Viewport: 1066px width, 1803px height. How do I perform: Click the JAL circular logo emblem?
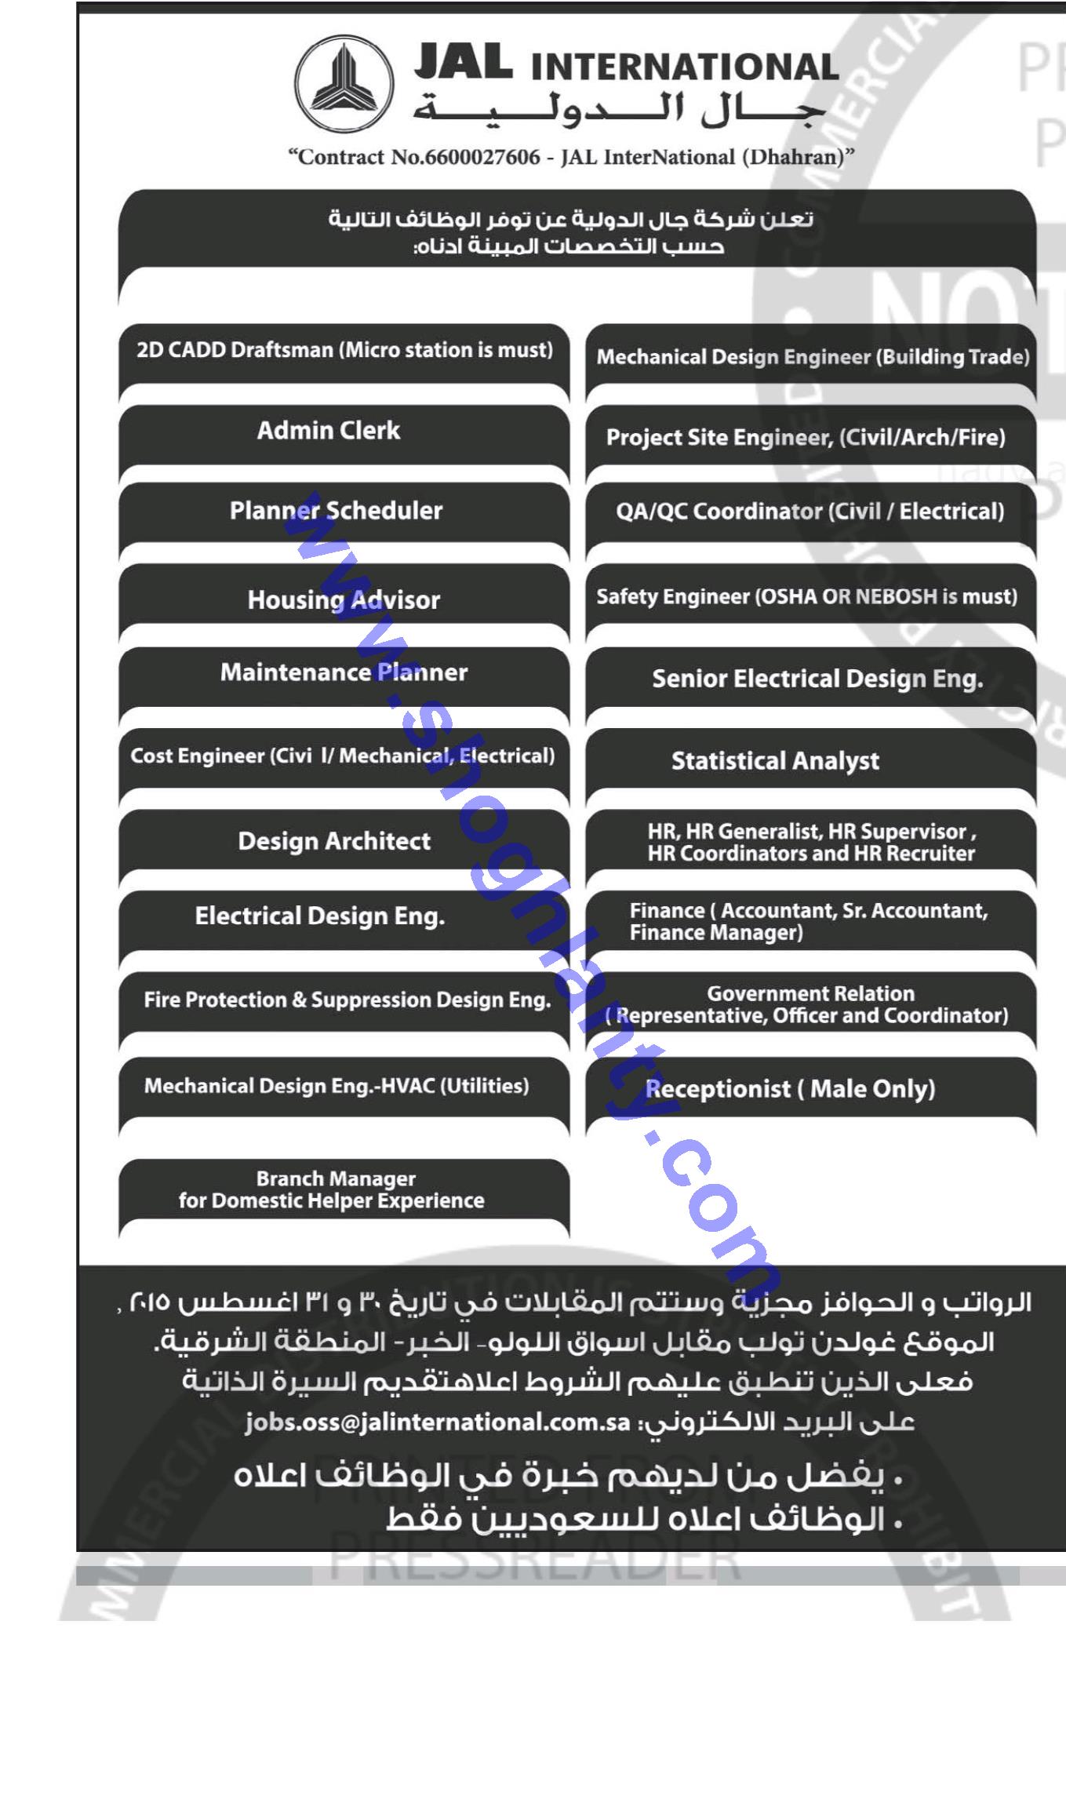coord(344,83)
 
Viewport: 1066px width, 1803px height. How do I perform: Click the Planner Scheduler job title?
coord(336,511)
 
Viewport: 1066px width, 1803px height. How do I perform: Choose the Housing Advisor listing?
coord(344,600)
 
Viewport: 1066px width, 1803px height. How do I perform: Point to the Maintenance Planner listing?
coord(344,672)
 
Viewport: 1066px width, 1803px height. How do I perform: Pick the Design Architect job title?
coord(334,841)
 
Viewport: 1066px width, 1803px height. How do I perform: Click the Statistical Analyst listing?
coord(775,761)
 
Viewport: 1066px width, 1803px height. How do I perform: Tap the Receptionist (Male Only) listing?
coord(790,1089)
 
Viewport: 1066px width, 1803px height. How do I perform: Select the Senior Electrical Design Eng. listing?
coord(817,679)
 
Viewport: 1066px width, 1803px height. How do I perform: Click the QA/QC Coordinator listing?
coord(810,512)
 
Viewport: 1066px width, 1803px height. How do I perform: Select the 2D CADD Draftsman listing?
coord(344,350)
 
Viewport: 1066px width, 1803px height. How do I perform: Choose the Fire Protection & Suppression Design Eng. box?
coord(347,1000)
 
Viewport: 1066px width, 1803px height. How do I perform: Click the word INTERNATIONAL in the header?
coord(684,67)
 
